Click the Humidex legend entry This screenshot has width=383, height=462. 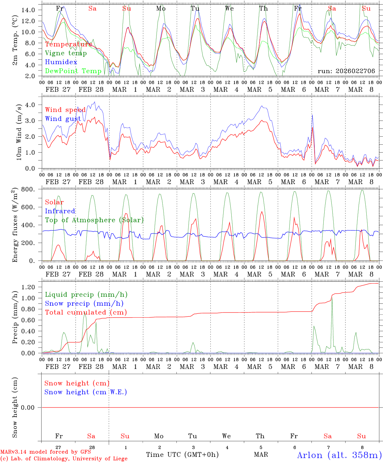61,62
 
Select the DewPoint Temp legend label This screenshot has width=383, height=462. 73,71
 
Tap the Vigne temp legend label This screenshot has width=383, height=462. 66,53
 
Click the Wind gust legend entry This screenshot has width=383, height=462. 63,119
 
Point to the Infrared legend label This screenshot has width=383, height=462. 60,211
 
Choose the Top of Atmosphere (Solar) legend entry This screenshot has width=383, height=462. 94,220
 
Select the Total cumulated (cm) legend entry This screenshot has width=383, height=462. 86,312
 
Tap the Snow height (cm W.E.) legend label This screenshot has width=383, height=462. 86,392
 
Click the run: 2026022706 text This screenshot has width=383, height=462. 346,71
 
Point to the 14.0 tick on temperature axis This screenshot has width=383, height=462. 28,10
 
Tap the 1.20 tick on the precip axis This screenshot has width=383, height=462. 30,287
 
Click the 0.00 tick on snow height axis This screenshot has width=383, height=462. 30,407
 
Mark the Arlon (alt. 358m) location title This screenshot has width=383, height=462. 339,455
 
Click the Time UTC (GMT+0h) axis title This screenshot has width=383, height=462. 182,455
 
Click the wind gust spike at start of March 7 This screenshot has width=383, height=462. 312,115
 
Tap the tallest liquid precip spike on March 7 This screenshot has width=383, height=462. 332,297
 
